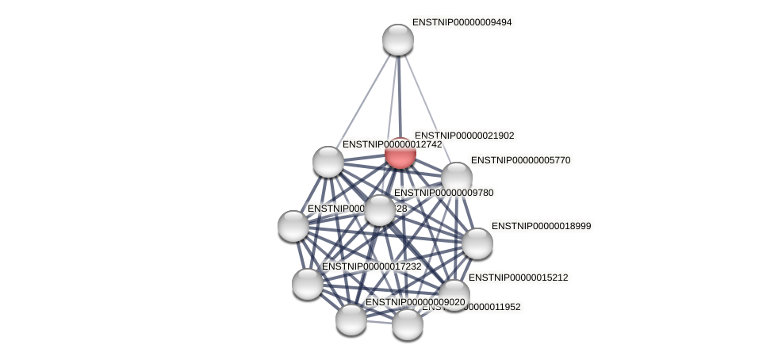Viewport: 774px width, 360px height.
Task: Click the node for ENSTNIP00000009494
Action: [398, 40]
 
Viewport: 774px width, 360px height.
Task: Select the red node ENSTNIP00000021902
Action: [400, 153]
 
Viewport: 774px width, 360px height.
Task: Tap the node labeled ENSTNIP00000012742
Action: [328, 162]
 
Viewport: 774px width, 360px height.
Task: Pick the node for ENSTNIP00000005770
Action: [457, 178]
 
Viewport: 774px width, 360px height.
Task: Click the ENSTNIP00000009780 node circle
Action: [380, 210]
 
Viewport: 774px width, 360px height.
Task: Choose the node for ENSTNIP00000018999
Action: [477, 243]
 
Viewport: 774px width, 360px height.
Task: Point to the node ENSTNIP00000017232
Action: [308, 283]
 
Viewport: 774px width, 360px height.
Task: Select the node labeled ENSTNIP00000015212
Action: [454, 295]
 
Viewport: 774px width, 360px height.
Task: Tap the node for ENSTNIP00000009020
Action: [351, 319]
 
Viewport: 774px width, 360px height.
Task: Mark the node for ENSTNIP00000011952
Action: [408, 324]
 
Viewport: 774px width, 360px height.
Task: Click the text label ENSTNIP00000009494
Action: [462, 23]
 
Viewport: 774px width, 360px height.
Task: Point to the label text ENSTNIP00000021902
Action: [464, 136]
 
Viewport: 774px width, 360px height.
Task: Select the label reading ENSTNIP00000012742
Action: [392, 144]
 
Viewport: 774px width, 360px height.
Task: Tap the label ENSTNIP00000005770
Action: [520, 160]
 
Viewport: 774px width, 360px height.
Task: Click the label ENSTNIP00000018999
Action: [541, 226]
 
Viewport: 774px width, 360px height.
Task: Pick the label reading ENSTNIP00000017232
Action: [371, 266]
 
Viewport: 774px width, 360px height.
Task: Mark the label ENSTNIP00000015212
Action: [518, 278]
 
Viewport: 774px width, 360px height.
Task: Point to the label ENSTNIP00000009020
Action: [415, 302]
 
